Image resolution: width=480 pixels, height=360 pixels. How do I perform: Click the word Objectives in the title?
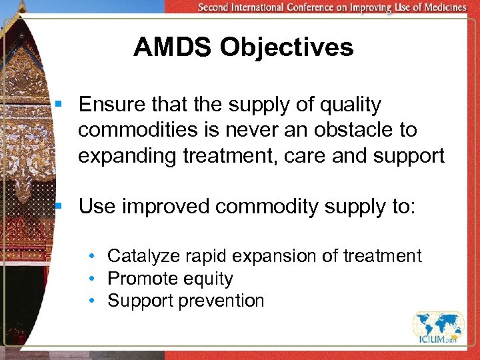(x=289, y=47)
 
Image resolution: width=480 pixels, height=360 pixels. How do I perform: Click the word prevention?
(x=221, y=301)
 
